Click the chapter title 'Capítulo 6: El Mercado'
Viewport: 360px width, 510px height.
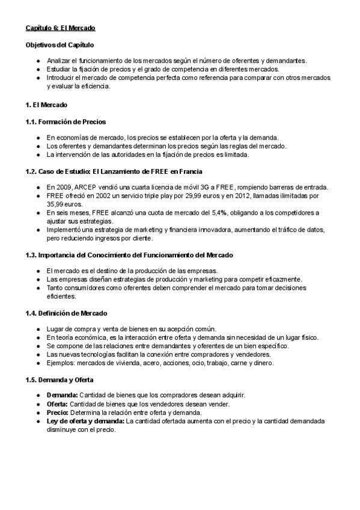click(60, 28)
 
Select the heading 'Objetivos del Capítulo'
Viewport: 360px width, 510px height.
click(59, 46)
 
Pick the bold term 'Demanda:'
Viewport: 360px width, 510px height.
click(61, 395)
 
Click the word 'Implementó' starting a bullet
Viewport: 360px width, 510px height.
click(64, 230)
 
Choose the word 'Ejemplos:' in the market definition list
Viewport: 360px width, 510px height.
click(61, 363)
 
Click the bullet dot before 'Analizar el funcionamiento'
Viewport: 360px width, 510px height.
click(38, 61)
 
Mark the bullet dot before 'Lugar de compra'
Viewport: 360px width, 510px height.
click(38, 329)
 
